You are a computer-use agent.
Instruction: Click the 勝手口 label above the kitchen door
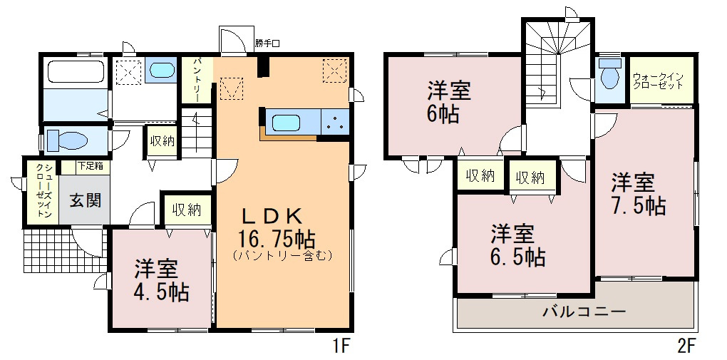pyautogui.click(x=267, y=43)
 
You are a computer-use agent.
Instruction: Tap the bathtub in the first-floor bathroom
pyautogui.click(x=75, y=73)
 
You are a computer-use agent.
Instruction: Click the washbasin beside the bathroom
pyautogui.click(x=162, y=70)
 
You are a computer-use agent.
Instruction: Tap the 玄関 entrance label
pyautogui.click(x=85, y=200)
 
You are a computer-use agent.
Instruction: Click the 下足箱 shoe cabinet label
pyautogui.click(x=90, y=166)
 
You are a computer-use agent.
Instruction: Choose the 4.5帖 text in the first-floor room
pyautogui.click(x=160, y=292)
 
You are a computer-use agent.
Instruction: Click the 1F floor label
pyautogui.click(x=341, y=347)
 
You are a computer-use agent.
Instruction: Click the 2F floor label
pyautogui.click(x=686, y=347)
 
